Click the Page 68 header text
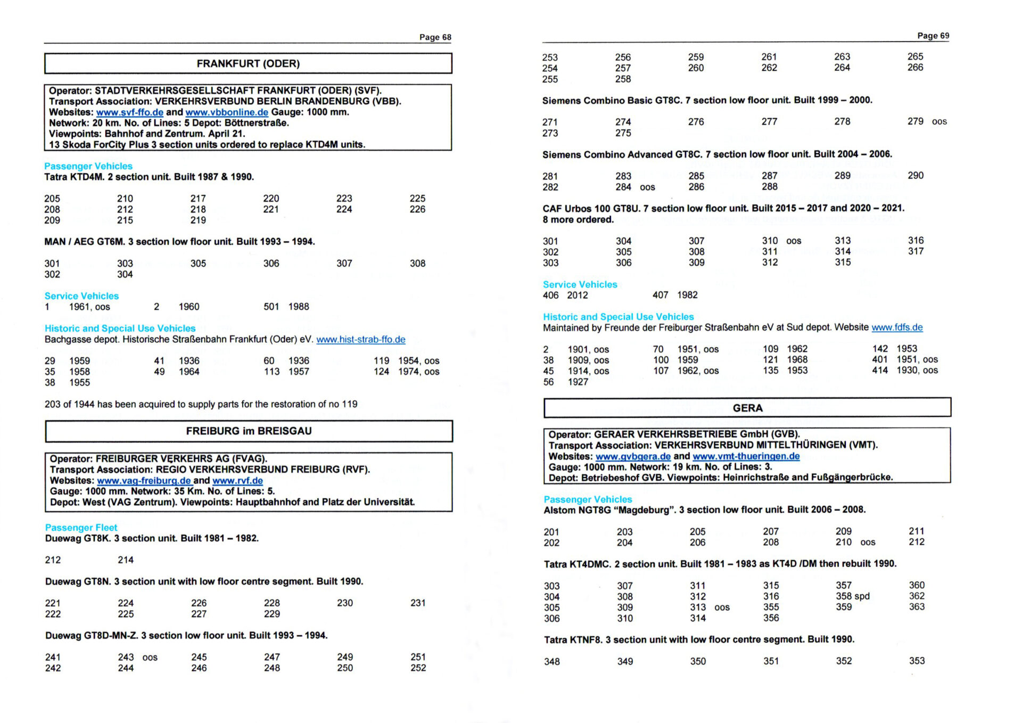coord(435,37)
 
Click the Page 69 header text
coord(933,36)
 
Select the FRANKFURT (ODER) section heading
coord(248,64)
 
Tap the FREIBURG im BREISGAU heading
coord(249,431)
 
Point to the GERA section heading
coord(747,408)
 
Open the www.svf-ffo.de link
coord(129,112)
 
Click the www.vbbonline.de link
coord(227,112)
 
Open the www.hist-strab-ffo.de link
coord(360,340)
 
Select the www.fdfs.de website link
coord(896,327)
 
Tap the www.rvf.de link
coord(237,481)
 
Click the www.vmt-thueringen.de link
coord(746,456)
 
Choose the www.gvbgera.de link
coord(633,457)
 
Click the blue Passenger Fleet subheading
coord(81,528)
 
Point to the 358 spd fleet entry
coord(852,596)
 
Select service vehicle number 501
coord(271,307)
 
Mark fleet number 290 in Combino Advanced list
coord(915,176)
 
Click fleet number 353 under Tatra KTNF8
coord(917,661)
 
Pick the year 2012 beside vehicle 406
coord(577,295)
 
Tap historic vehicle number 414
coord(879,371)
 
